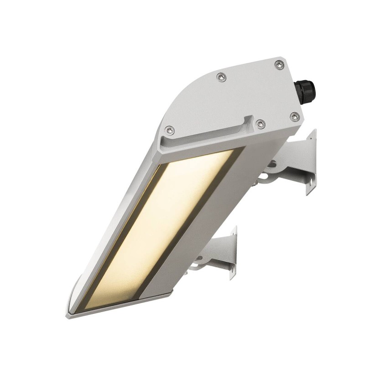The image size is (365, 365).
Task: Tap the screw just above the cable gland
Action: tap(278, 66)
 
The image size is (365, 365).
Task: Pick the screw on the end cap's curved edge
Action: tap(220, 77)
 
